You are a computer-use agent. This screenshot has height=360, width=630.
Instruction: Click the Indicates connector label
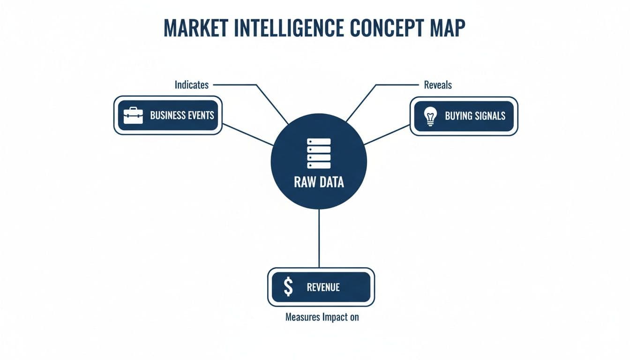(x=191, y=85)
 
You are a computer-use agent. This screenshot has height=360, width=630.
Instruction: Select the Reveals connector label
(x=438, y=85)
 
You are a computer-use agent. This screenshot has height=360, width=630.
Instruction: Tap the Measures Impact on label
(x=322, y=317)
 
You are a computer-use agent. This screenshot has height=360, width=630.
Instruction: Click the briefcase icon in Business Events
(x=133, y=115)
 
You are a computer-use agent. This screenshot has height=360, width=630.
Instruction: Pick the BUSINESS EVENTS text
(x=182, y=115)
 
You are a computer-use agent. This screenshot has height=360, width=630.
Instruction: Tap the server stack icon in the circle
(x=319, y=153)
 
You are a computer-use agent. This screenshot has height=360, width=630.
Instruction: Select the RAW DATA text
(x=319, y=182)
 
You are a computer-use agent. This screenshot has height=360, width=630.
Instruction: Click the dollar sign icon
(x=289, y=287)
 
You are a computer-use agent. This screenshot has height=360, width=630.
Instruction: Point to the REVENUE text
(x=323, y=287)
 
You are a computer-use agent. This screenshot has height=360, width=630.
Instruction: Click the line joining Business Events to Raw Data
(x=247, y=135)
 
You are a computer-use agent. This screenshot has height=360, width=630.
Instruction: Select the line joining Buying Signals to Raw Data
(x=387, y=135)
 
